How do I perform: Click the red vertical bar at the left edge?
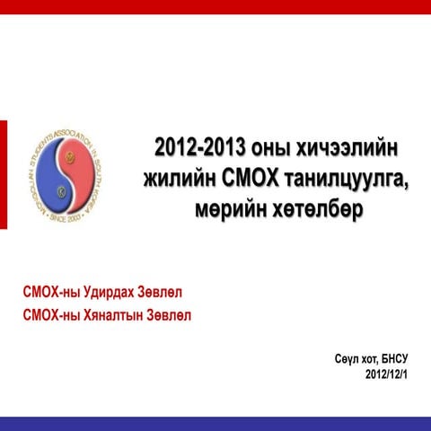coord(3,175)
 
